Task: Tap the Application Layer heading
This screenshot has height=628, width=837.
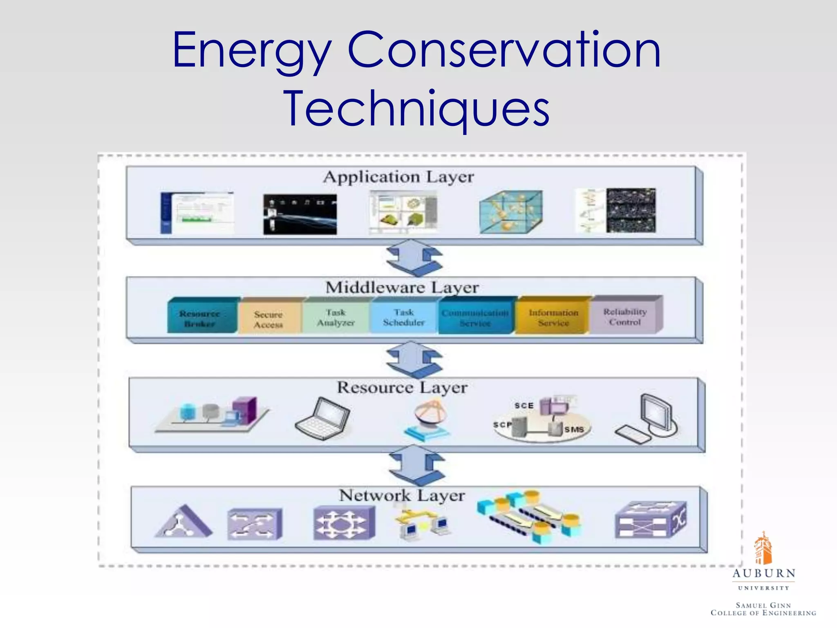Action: click(398, 177)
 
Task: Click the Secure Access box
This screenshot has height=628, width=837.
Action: click(269, 319)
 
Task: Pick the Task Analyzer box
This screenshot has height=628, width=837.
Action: click(336, 318)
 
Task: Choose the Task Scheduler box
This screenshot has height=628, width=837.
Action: click(403, 318)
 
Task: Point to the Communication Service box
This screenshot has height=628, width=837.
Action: click(475, 318)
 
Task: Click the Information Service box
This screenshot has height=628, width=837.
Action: click(553, 318)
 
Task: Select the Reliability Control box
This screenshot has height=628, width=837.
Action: click(625, 317)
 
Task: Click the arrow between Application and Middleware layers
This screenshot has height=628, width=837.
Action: click(414, 258)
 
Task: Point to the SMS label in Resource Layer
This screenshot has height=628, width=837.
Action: click(574, 430)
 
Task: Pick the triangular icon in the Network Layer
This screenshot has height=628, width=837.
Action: click(183, 523)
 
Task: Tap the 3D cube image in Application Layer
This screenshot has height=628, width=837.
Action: click(511, 211)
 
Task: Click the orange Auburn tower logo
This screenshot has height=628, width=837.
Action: click(763, 548)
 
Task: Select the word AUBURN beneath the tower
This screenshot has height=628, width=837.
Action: click(763, 573)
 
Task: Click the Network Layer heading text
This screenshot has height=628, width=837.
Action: click(402, 496)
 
